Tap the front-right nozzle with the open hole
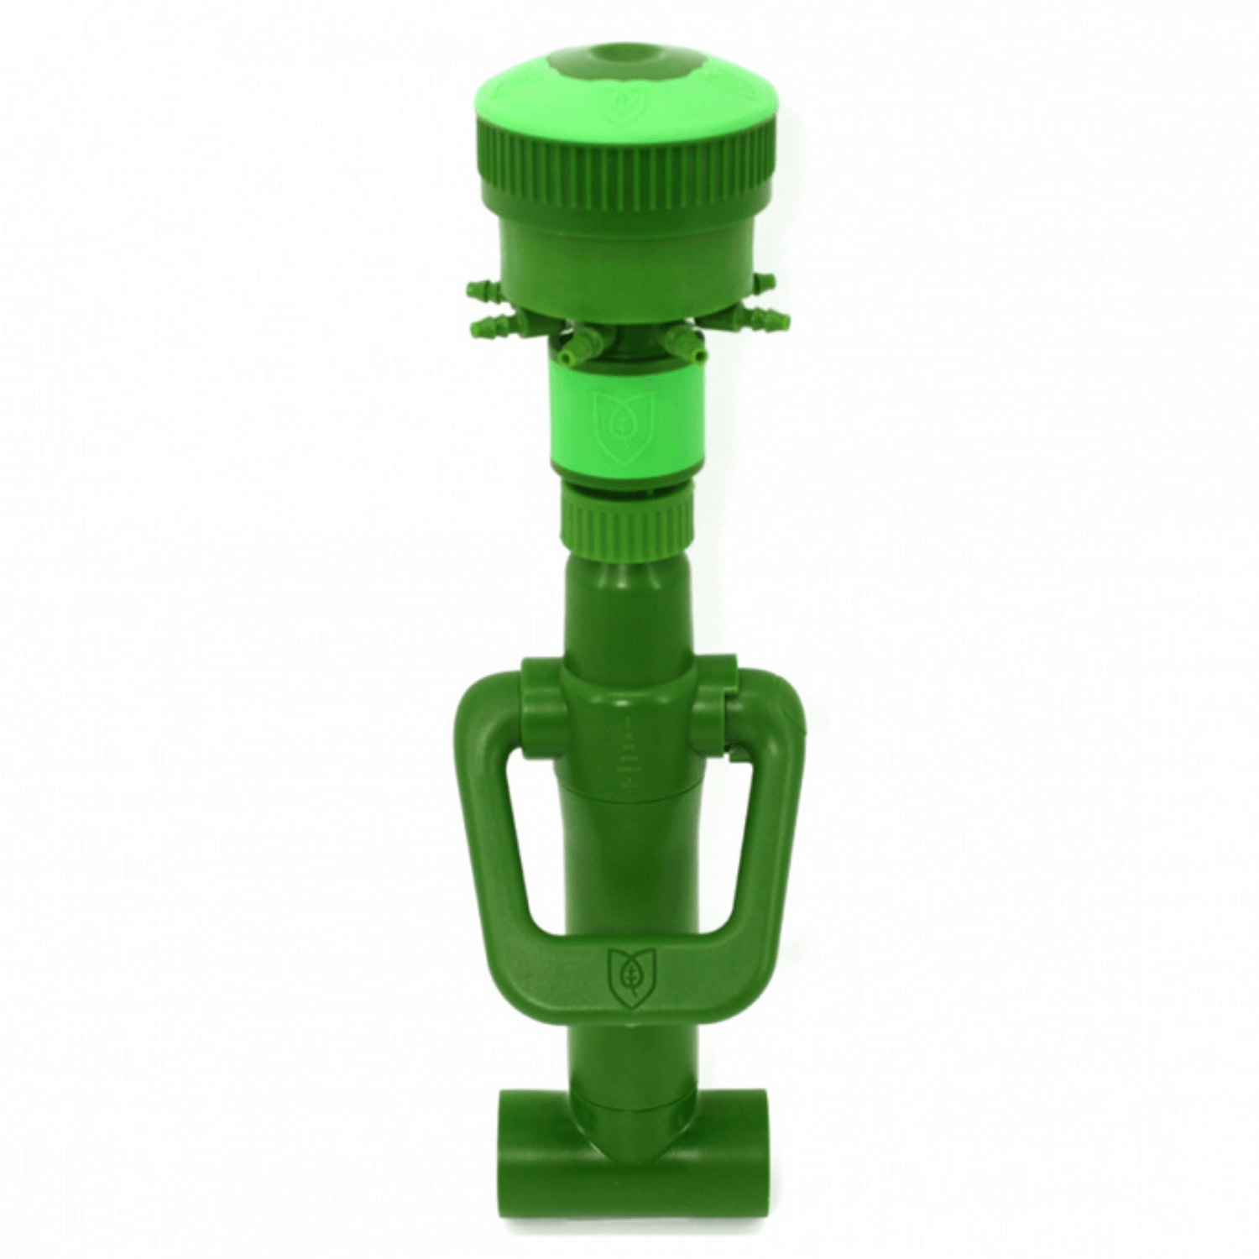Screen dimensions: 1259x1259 [x=682, y=345]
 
